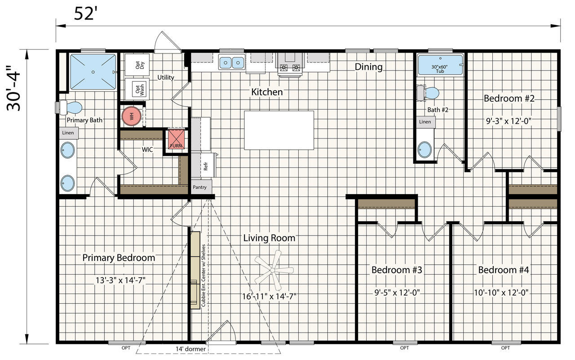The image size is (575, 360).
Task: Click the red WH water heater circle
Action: (x=132, y=116)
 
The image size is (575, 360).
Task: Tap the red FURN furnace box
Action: (x=176, y=139)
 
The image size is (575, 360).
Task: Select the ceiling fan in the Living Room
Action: (x=274, y=270)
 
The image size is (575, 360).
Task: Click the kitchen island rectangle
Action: (x=279, y=130)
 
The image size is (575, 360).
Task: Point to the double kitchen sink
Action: (x=231, y=62)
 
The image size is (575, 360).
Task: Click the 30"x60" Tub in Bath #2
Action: (x=440, y=65)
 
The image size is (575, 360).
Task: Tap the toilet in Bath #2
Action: (x=428, y=93)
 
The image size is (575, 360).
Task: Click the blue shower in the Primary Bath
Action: (x=93, y=72)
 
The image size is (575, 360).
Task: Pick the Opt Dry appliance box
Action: (x=137, y=65)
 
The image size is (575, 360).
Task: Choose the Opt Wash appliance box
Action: (x=137, y=89)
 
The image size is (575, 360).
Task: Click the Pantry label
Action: (x=199, y=187)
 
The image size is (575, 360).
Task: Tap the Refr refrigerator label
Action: (x=205, y=166)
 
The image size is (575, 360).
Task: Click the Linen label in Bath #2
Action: (x=425, y=122)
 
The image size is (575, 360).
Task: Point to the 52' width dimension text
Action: (x=86, y=13)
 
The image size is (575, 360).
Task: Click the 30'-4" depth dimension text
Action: (x=13, y=88)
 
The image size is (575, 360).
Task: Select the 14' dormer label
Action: (x=190, y=349)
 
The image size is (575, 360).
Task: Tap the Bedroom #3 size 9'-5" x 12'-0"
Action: (x=397, y=293)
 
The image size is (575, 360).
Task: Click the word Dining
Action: (x=369, y=67)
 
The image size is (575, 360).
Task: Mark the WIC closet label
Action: (x=147, y=150)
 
